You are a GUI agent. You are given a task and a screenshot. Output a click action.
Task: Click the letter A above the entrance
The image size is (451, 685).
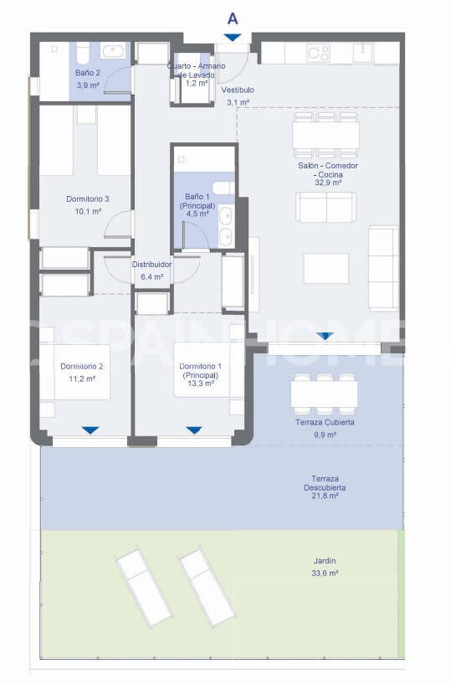click(x=232, y=17)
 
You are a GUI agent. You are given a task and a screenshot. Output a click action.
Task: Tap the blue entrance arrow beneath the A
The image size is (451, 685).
click(x=232, y=37)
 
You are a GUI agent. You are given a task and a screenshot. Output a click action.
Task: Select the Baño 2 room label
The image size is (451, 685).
click(x=88, y=74)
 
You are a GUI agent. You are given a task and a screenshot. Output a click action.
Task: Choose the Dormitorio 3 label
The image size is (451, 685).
click(x=88, y=199)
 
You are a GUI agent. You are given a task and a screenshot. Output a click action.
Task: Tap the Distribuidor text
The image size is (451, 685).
click(x=151, y=265)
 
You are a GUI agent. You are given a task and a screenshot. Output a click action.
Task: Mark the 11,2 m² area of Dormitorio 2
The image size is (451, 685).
click(x=82, y=378)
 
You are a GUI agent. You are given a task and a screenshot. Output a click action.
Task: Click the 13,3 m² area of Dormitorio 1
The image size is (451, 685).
click(x=201, y=385)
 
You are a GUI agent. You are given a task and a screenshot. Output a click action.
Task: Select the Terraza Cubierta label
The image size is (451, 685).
click(x=325, y=423)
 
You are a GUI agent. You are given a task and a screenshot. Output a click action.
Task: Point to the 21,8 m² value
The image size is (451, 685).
click(x=325, y=496)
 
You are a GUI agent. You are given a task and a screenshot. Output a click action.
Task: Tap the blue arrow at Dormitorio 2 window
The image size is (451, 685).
click(x=90, y=430)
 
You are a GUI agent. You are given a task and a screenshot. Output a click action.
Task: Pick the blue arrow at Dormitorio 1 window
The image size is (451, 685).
click(x=194, y=430)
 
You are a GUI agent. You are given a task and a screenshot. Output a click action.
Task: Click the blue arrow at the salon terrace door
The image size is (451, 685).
click(x=325, y=336)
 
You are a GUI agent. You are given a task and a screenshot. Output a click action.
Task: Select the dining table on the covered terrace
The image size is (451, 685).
click(x=325, y=394)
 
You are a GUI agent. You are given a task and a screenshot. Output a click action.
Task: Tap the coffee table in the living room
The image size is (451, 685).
click(x=325, y=269)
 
